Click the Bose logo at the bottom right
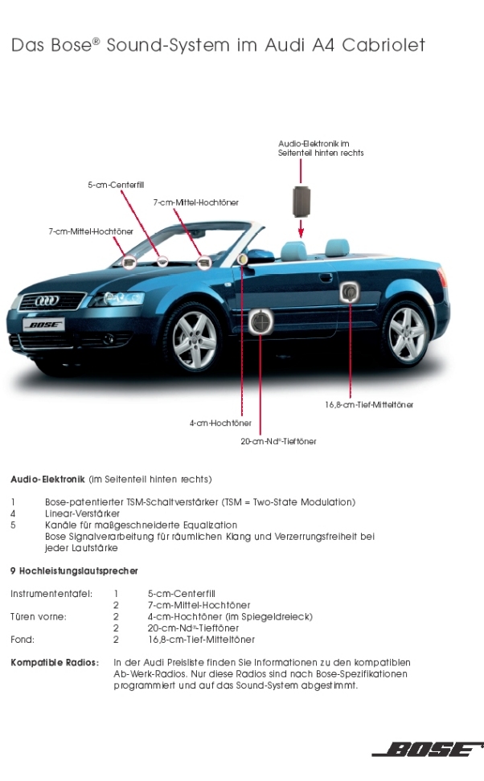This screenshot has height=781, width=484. coord(428,749)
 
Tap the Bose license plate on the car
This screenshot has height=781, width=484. coord(44,325)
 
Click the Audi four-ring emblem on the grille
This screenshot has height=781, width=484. coord(47,300)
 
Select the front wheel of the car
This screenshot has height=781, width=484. coord(195,340)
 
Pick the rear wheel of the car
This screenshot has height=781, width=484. coord(407,333)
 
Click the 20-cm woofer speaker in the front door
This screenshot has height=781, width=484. coord(260,321)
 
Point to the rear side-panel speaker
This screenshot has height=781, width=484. coord(350,292)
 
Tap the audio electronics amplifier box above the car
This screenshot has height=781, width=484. coord(301,201)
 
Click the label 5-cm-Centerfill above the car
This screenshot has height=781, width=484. coord(116,185)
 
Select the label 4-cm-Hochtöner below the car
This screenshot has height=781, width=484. coord(220,423)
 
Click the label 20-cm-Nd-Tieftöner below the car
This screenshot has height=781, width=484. coord(279,441)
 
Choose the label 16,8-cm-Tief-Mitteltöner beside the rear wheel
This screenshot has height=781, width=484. coord(369,404)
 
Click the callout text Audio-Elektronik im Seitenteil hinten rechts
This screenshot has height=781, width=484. coord(321,148)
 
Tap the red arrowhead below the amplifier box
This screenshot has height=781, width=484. coord(301,233)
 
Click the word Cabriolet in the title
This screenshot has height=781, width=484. coord(384,45)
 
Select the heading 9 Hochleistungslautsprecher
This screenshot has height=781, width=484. coord(74,570)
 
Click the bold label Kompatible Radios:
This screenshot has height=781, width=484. coord(55,662)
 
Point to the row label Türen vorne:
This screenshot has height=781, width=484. coord(39,616)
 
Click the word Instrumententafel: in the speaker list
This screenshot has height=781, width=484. coord(51,594)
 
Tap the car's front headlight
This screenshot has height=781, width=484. coord(117,299)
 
